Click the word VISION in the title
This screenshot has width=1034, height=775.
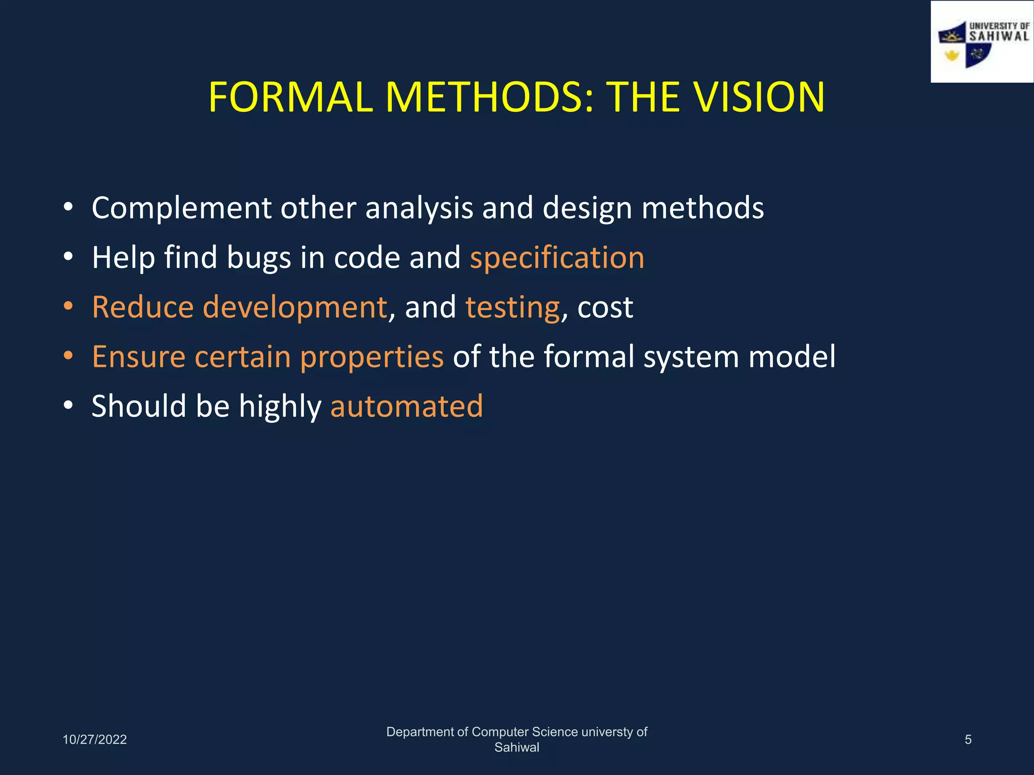758,97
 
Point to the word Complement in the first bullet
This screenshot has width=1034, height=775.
182,208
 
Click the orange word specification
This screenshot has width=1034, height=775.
557,258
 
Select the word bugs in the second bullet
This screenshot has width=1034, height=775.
258,258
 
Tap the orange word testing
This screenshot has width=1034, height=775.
512,307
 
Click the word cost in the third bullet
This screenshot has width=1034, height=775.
605,307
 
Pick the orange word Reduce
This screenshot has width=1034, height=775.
143,307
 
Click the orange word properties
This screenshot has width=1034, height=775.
372,357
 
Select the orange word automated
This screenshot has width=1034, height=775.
406,406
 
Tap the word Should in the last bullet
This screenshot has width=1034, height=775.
139,406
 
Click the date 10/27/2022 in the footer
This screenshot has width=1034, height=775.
94,740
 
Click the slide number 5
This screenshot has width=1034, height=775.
968,740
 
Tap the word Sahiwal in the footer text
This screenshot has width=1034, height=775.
516,747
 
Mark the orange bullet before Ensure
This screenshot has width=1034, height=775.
69,356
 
